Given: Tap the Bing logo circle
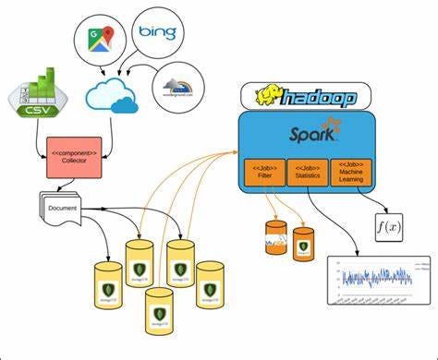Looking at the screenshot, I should point(157,34).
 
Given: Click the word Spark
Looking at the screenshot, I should point(304,135).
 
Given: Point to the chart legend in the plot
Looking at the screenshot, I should point(412,264).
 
